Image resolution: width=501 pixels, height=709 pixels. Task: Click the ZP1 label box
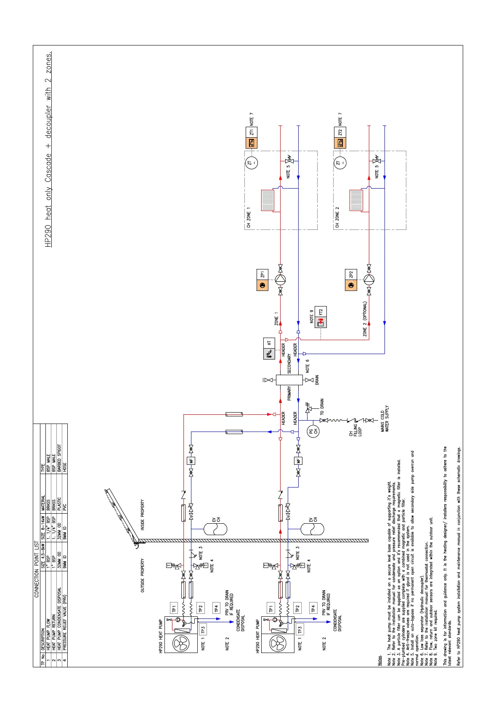coord(262,275)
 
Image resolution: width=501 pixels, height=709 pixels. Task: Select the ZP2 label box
coord(351,275)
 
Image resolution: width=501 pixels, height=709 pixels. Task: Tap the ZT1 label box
coord(251,132)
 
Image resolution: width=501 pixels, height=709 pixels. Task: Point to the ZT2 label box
coord(340,132)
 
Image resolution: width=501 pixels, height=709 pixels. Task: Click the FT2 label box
coord(321,312)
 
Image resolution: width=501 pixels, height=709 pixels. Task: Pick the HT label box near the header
coord(269,343)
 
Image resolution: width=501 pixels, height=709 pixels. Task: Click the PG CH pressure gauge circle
coord(313,431)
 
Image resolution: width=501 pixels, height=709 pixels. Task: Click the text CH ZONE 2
coord(337,217)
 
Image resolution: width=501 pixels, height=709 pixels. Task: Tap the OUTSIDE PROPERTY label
coord(143,576)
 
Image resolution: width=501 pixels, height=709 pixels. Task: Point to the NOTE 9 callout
coord(312,317)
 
